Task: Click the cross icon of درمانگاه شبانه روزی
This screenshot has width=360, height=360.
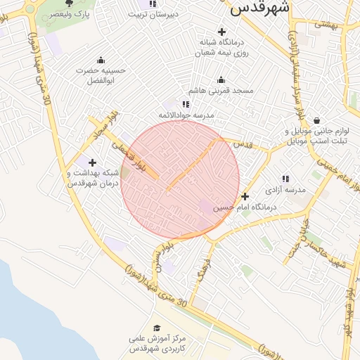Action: [222, 32]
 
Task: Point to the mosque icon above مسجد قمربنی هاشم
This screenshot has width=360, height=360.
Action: [221, 79]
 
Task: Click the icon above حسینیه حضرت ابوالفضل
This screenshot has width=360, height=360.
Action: [100, 60]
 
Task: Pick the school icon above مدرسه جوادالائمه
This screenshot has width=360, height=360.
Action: [186, 103]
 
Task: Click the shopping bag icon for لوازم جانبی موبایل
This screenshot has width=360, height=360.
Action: [317, 120]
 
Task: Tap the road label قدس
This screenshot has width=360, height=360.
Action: [243, 143]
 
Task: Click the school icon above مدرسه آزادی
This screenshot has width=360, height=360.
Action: [285, 179]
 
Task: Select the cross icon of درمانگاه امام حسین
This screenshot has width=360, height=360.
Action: [245, 196]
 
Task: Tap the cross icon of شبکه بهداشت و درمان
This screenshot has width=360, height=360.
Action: [92, 162]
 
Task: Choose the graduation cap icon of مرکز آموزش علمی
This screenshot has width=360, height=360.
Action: [157, 328]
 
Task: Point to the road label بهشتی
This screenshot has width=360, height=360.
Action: [328, 25]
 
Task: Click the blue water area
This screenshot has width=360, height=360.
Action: [28, 309]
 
